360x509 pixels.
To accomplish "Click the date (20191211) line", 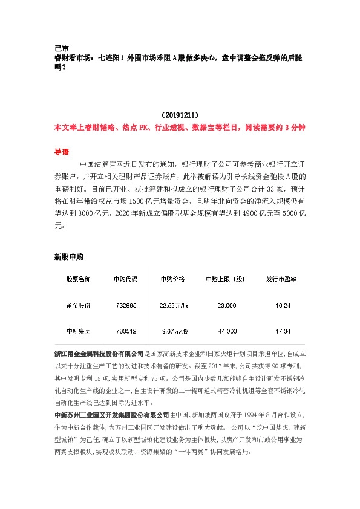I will pyautogui.click(x=180, y=114).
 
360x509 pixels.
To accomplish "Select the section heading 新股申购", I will pyautogui.click(x=68, y=257).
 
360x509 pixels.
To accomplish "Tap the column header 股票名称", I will pyautogui.click(x=78, y=279).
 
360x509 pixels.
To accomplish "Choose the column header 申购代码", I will pyautogui.click(x=125, y=279).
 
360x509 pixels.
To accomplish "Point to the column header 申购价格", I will pyautogui.click(x=173, y=279).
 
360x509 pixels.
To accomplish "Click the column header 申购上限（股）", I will pyautogui.click(x=224, y=279).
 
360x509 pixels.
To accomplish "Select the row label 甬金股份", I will pyautogui.click(x=78, y=306).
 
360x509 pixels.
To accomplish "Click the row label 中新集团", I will pyautogui.click(x=78, y=332).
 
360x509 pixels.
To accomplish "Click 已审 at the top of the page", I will pyautogui.click(x=61, y=48).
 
